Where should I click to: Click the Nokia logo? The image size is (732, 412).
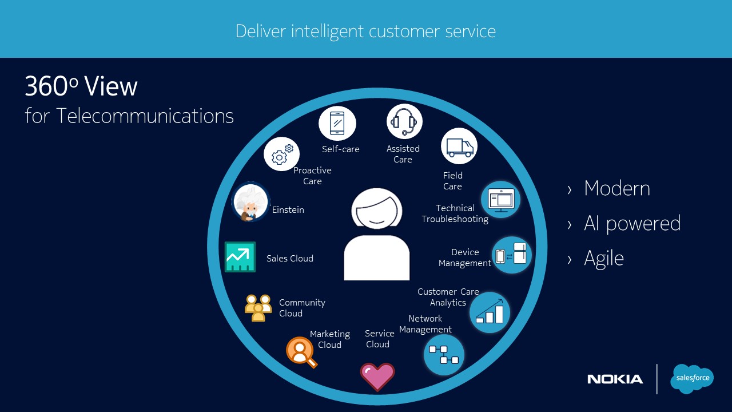(615, 379)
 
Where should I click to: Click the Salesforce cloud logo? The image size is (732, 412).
(693, 378)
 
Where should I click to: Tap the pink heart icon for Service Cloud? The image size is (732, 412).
(377, 377)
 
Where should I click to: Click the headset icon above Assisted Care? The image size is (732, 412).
(404, 121)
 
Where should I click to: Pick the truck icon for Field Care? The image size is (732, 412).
(459, 146)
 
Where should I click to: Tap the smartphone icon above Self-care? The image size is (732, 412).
(337, 123)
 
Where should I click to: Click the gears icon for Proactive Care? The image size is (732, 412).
(282, 154)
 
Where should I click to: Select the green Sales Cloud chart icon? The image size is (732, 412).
(240, 257)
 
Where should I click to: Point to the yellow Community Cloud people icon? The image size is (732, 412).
(258, 307)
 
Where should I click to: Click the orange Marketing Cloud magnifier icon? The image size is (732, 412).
(301, 351)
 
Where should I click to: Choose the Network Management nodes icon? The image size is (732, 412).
(444, 355)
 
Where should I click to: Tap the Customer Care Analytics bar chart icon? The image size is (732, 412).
(490, 312)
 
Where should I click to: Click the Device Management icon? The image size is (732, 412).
(512, 255)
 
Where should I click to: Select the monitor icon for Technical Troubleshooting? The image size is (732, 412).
(501, 200)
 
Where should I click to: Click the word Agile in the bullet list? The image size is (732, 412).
(603, 258)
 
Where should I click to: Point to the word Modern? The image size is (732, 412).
(616, 189)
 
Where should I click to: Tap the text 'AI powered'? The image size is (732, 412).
(632, 223)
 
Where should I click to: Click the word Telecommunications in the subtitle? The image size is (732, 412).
(145, 116)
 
